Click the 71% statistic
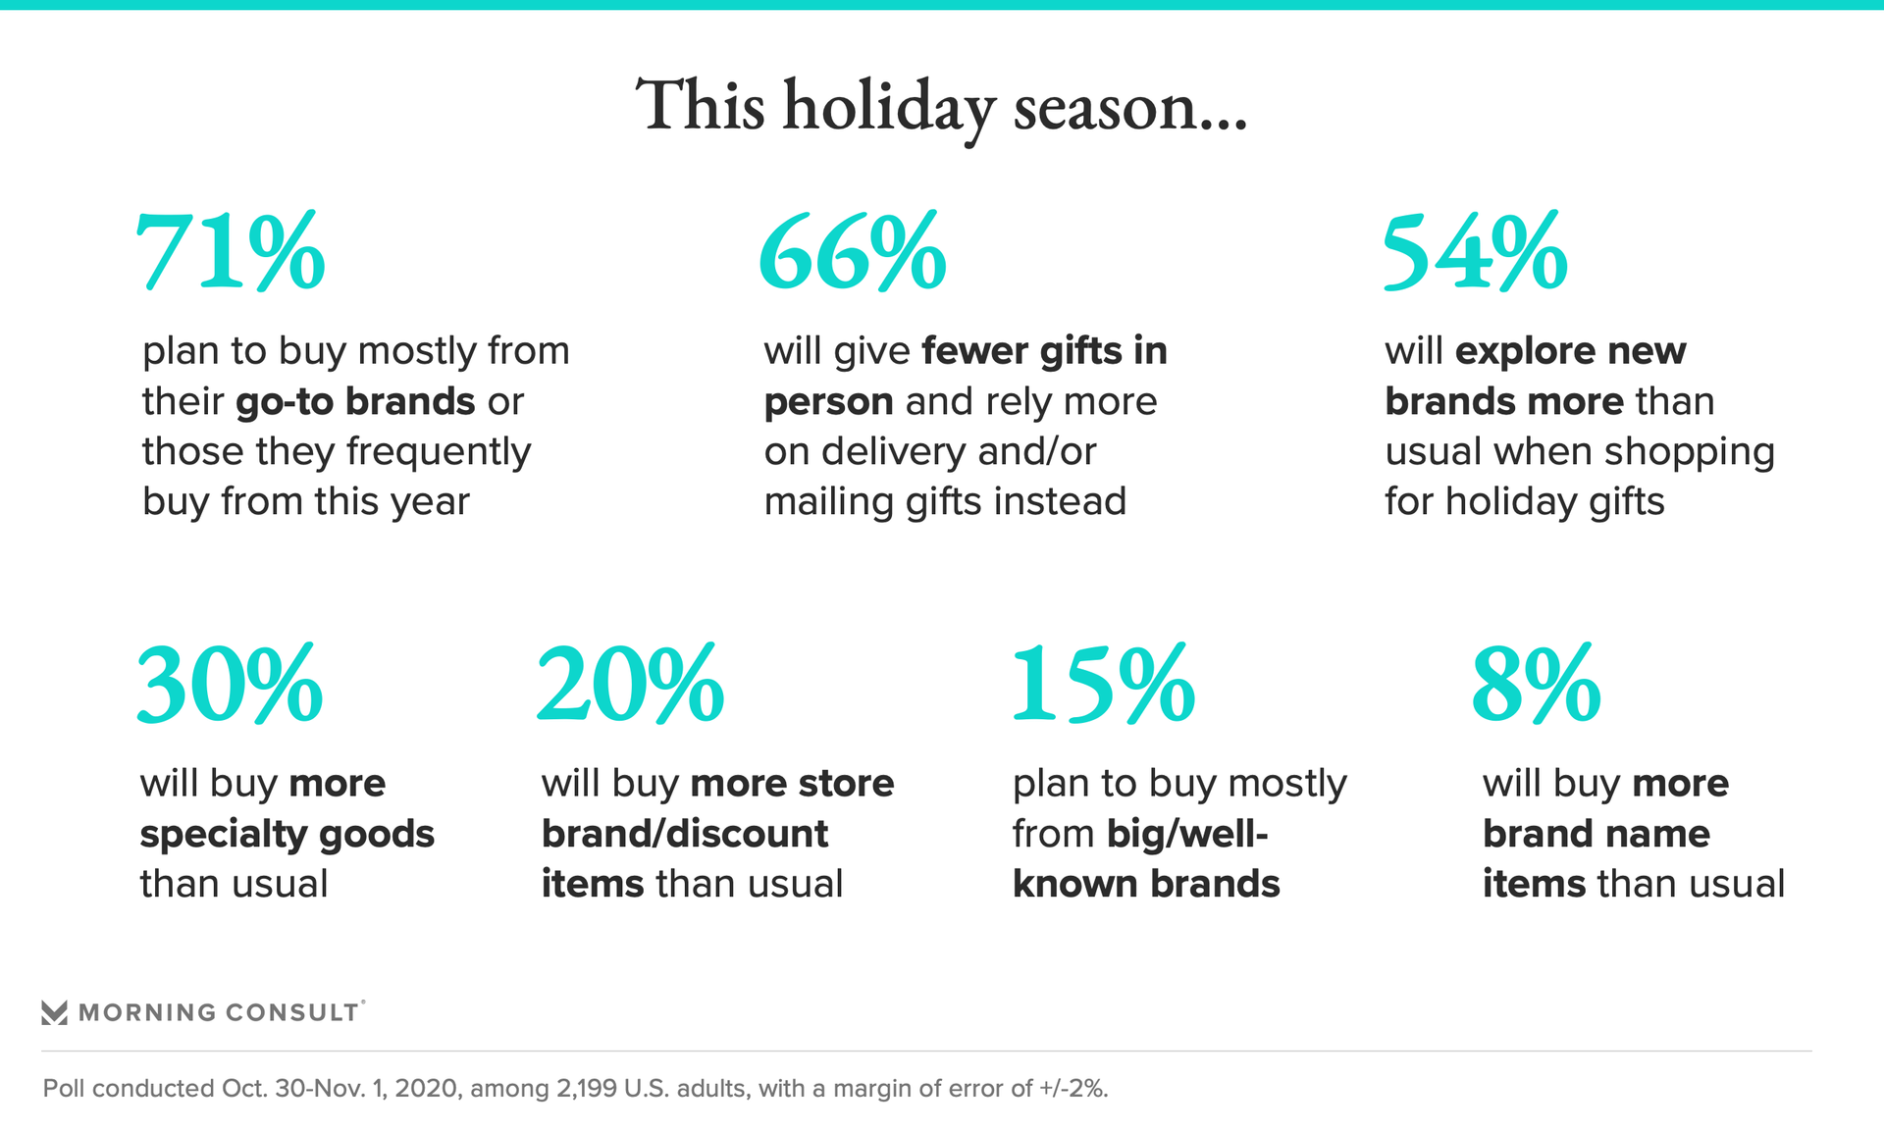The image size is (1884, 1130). click(x=230, y=252)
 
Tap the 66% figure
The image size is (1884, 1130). click(x=853, y=252)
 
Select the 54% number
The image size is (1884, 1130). click(x=1475, y=252)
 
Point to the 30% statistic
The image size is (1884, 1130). click(x=230, y=684)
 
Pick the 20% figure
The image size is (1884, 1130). click(x=631, y=684)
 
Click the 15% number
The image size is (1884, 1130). click(x=1104, y=684)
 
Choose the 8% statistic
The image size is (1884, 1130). click(x=1537, y=684)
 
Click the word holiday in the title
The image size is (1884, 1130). click(x=889, y=108)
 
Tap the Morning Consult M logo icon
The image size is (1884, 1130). click(x=55, y=1012)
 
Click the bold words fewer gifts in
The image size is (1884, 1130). click(x=1045, y=350)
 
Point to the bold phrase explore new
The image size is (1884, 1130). click(x=1570, y=350)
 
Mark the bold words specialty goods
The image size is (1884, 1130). click(x=287, y=835)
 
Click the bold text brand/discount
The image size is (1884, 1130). click(x=685, y=834)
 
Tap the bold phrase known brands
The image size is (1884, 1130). click(x=1146, y=884)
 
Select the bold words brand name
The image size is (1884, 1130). click(x=1596, y=834)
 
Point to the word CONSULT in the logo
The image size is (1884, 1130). click(x=291, y=1012)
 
